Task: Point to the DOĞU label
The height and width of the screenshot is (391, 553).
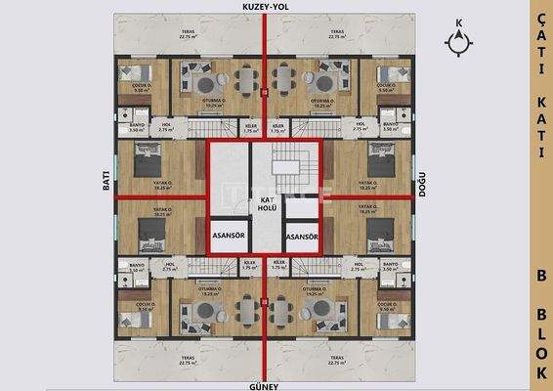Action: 422,193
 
